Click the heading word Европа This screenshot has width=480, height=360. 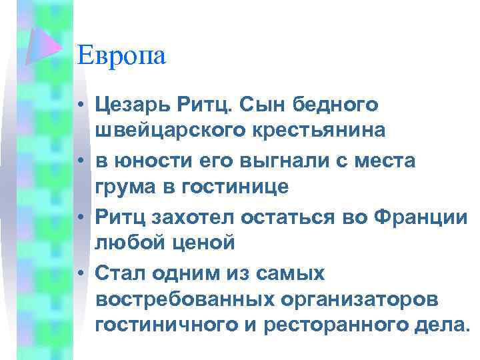click(x=121, y=55)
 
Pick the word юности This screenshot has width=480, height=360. click(x=148, y=161)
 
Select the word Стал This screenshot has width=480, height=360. click(x=120, y=273)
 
